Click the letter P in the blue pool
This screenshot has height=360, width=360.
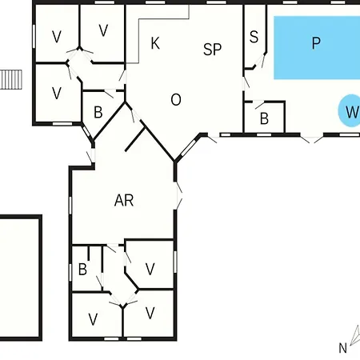point(316,43)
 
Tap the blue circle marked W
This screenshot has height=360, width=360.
point(350,110)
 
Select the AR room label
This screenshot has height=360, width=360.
point(124,200)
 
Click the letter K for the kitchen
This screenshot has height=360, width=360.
point(155,43)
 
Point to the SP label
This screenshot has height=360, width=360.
point(212,50)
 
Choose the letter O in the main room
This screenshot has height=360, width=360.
point(176,100)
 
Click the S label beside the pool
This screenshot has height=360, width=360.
point(254,37)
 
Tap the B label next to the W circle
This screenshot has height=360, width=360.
point(264,118)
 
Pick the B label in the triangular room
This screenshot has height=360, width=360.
point(98,113)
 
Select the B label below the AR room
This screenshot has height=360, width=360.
point(82,270)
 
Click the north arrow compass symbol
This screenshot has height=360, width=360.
point(355,335)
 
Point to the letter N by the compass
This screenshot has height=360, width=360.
point(342,348)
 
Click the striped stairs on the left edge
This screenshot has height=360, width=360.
point(11,79)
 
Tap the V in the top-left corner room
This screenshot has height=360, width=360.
point(57,37)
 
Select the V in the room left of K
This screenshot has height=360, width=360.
point(103,30)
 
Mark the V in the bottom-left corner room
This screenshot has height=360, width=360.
point(93,319)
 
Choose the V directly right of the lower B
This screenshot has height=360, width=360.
point(150,269)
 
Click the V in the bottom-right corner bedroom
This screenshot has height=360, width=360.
point(150,313)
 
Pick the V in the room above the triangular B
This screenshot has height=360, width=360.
point(57,94)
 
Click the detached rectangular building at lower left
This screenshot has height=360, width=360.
point(20,278)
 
